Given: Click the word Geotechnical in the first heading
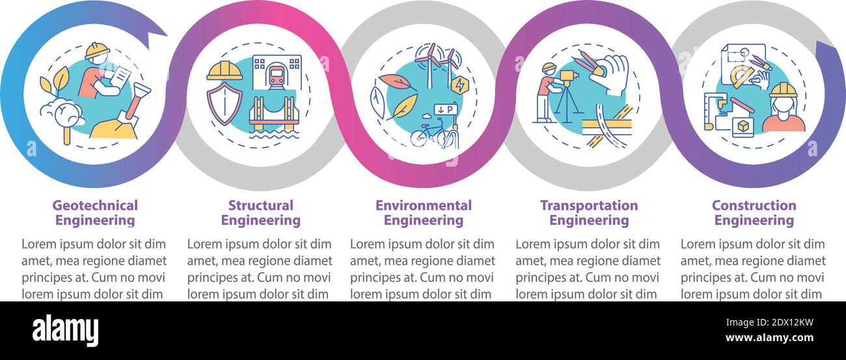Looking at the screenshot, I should (95, 206).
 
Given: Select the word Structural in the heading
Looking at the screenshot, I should (260, 206).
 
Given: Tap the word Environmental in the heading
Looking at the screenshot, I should (423, 206).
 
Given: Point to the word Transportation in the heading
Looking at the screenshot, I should (589, 206).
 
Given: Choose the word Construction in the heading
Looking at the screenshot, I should (754, 206).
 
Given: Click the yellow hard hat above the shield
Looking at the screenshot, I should (224, 71).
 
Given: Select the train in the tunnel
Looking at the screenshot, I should (277, 76).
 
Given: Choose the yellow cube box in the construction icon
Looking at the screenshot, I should (739, 125).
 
